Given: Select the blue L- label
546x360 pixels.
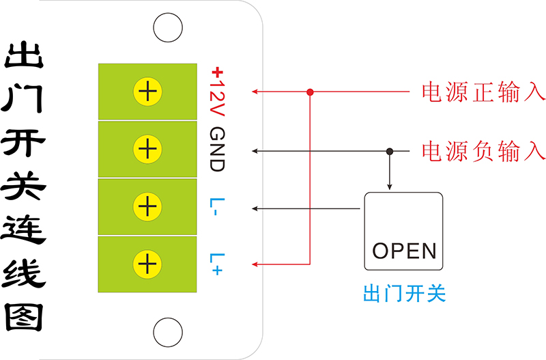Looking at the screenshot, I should pyautogui.click(x=215, y=207).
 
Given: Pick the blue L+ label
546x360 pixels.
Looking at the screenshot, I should pyautogui.click(x=216, y=264).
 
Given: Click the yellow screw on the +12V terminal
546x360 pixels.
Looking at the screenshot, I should pyautogui.click(x=147, y=92).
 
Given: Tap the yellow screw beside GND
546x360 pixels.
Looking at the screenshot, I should pyautogui.click(x=147, y=149).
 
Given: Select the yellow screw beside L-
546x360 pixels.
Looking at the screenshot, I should pyautogui.click(x=147, y=206).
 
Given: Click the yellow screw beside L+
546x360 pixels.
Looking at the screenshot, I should pyautogui.click(x=147, y=264).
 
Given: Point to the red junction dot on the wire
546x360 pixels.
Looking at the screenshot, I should pyautogui.click(x=310, y=92).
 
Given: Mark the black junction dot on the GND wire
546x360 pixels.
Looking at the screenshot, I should pyautogui.click(x=390, y=150).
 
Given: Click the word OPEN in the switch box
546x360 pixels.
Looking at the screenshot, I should pyautogui.click(x=403, y=251).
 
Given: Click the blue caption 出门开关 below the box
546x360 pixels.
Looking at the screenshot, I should pyautogui.click(x=403, y=294).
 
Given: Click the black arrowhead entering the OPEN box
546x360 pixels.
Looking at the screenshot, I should pyautogui.click(x=390, y=186).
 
